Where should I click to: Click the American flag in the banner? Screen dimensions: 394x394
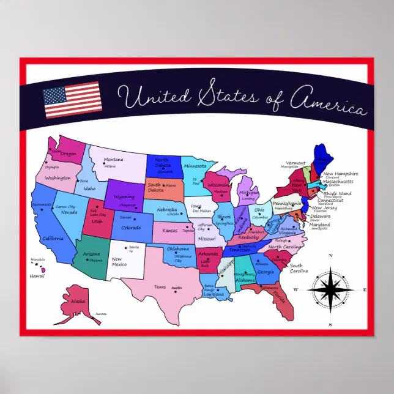pos(72,100)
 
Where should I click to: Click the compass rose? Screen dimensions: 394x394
pos(331,289)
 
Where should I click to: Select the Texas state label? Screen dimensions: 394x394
pos(160,287)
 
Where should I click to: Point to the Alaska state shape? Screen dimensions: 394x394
pos(75,304)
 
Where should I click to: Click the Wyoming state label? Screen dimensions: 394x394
pos(124,197)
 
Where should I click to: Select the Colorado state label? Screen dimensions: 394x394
pos(130,228)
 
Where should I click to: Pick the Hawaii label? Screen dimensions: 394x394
pos(37,276)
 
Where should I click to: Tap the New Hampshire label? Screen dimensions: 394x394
pos(340,174)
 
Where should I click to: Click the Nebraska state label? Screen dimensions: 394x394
pos(167,209)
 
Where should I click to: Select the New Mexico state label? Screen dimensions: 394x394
pos(119,262)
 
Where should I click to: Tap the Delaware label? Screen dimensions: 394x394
pos(320,216)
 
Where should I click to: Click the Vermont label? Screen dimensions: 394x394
pos(295,163)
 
